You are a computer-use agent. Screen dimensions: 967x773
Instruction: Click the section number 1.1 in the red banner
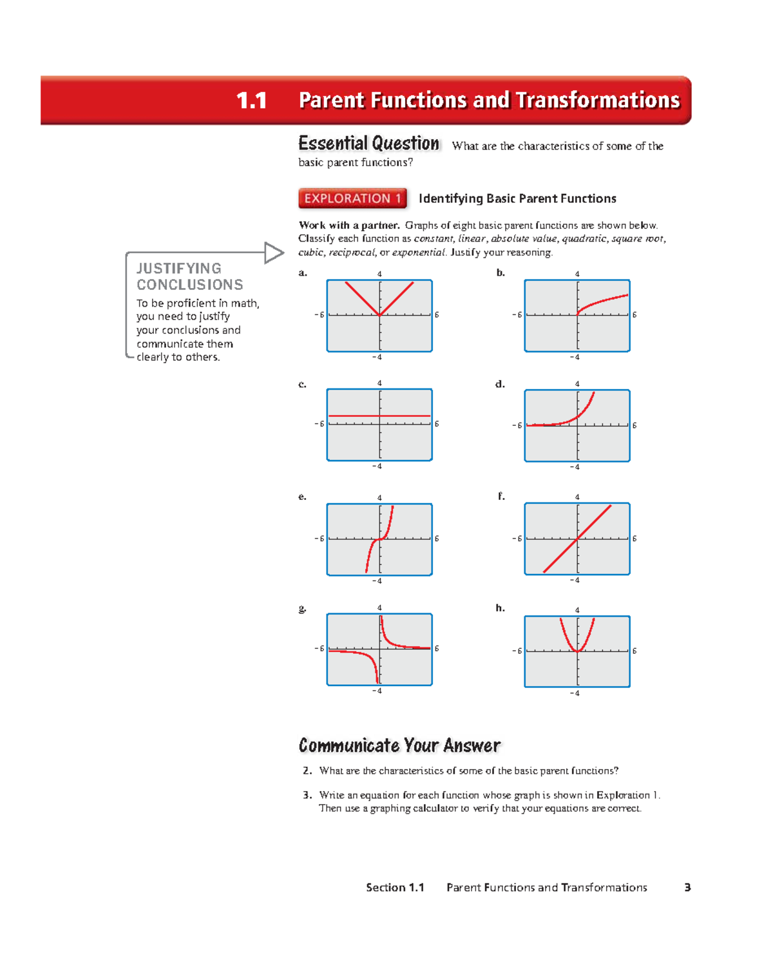pos(251,101)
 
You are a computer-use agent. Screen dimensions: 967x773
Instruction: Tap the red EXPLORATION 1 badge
pos(352,198)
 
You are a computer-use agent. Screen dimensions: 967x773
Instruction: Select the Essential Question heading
pos(368,143)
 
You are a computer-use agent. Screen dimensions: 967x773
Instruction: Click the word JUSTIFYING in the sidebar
pos(179,269)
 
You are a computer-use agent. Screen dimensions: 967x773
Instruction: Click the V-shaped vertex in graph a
pos(380,315)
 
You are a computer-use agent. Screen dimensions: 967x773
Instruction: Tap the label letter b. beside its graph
pos(501,273)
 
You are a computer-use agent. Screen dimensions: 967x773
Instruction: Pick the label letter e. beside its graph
pos(302,496)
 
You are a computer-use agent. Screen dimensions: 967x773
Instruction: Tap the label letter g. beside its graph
pos(302,608)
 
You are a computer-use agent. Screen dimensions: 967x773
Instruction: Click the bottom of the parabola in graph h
pos(578,651)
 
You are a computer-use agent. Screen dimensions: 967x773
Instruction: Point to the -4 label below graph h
pos(575,693)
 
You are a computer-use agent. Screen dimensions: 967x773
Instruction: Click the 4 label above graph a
pos(379,274)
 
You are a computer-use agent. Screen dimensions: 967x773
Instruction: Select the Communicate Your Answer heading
pos(399,745)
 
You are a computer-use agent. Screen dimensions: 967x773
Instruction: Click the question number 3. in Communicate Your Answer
pos(307,795)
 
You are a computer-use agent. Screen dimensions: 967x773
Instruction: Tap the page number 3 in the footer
pos(687,887)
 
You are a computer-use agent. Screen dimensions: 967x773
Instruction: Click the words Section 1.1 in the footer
pos(395,887)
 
